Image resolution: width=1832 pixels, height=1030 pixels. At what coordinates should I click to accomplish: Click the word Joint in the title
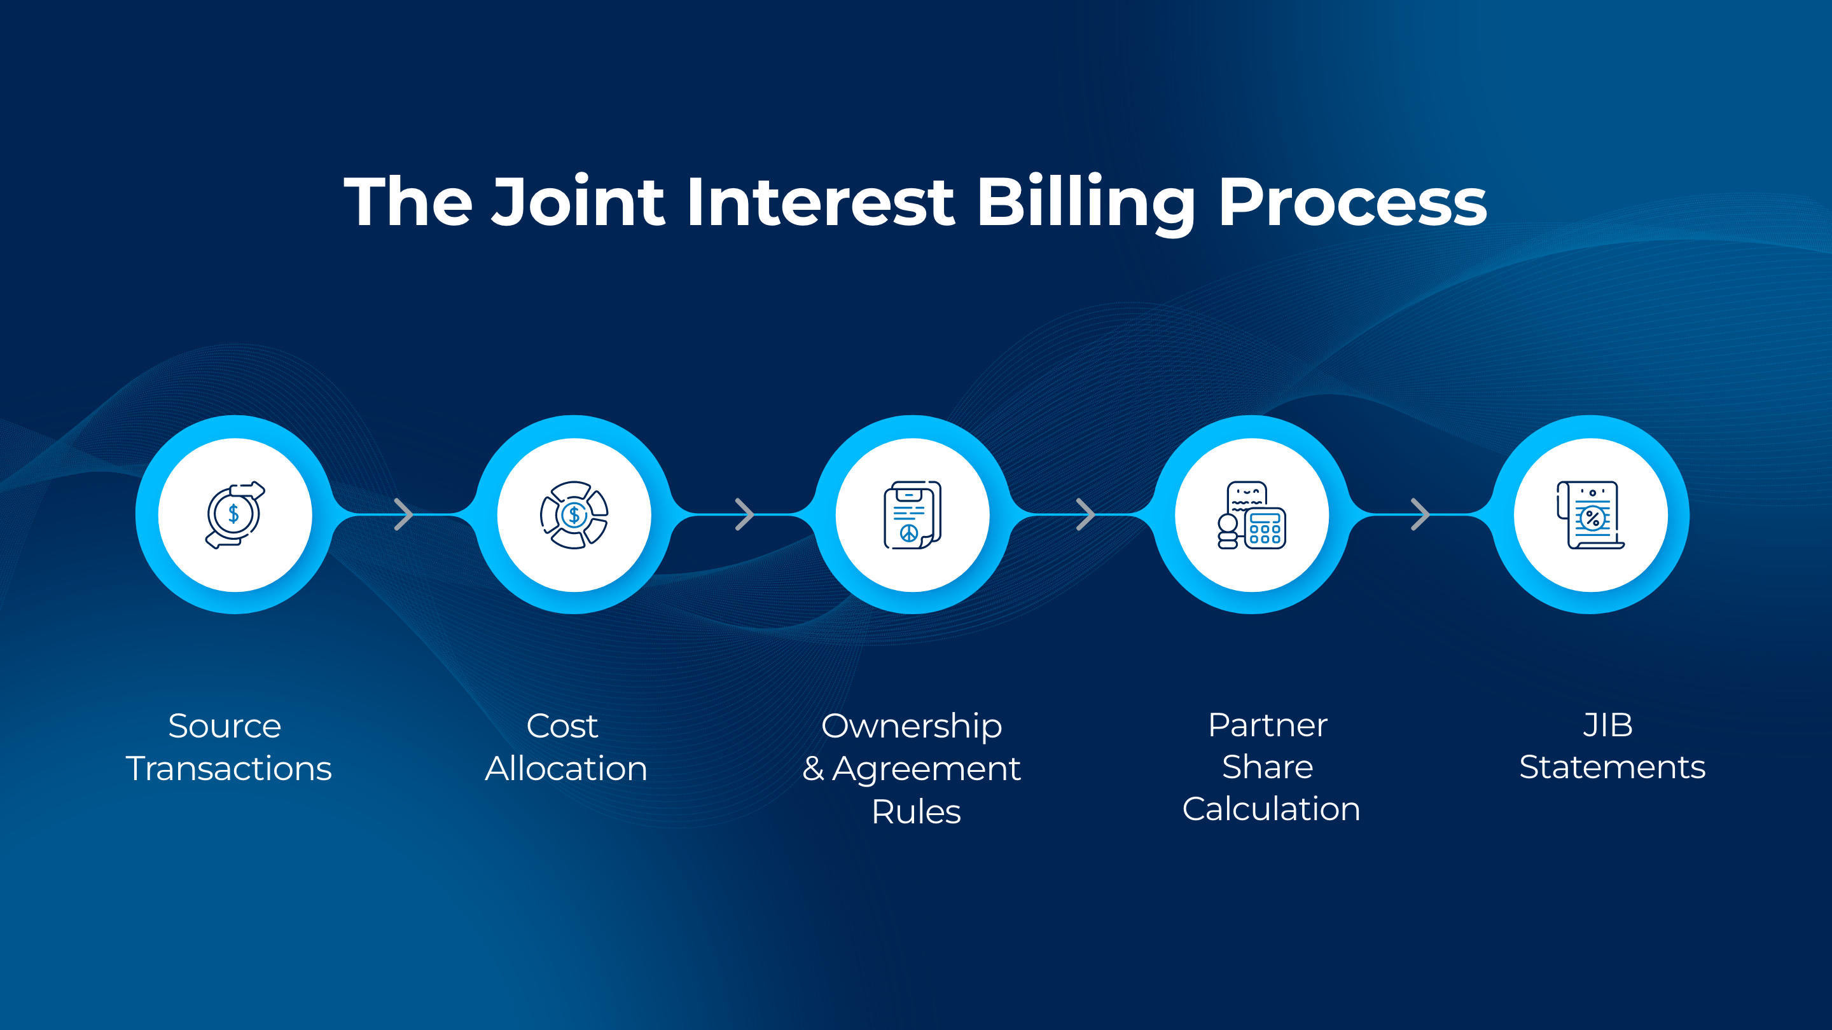578,203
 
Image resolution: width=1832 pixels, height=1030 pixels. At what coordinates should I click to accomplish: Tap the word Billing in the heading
1086,203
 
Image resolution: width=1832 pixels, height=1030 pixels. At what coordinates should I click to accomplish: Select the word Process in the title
1352,203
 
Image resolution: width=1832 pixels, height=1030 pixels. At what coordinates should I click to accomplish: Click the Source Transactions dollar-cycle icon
235,514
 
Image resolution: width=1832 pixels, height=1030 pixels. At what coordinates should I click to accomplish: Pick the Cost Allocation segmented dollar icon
574,514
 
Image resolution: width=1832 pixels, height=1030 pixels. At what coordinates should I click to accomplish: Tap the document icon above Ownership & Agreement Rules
912,514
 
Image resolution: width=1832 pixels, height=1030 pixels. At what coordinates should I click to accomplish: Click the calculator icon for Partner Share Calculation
1252,514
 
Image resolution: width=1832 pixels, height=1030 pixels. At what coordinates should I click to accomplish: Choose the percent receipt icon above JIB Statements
1591,514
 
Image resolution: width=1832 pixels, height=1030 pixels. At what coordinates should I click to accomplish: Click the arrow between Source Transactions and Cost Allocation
403,514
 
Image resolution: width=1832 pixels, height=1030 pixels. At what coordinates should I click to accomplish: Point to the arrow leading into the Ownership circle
744,514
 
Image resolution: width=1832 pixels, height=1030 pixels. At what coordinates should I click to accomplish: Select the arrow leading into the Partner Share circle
1085,514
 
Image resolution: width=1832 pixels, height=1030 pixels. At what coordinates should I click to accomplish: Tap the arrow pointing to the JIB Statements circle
1420,514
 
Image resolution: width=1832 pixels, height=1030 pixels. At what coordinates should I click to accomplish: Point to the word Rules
916,812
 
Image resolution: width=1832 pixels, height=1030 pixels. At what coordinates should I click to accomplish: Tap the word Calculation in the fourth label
1271,809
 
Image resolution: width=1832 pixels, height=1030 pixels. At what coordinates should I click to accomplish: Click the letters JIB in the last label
1608,725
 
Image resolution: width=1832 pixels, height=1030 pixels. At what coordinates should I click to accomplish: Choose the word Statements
1613,767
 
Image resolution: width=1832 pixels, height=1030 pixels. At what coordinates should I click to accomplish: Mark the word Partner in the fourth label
1267,725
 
